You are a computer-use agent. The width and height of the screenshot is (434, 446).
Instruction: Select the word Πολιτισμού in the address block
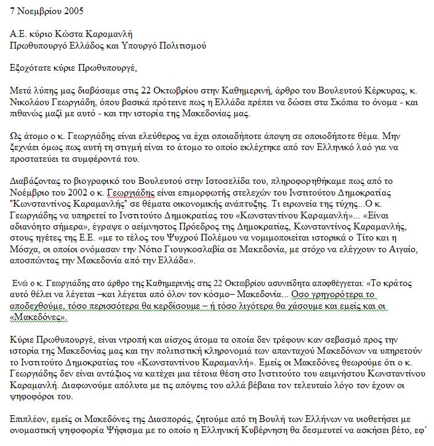(190, 46)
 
